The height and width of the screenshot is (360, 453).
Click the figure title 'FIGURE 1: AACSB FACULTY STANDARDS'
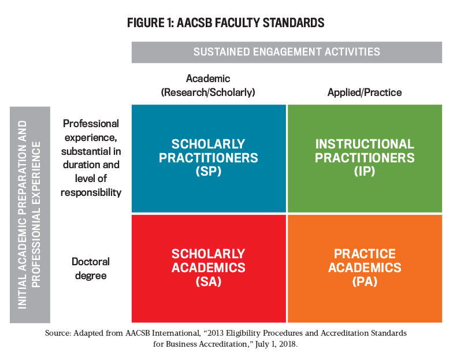(225, 23)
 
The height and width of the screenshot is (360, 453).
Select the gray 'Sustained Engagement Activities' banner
(287, 52)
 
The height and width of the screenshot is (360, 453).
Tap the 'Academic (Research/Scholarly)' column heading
(208, 86)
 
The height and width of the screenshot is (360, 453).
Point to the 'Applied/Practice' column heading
(365, 92)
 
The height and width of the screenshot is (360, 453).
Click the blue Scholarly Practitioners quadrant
(209, 158)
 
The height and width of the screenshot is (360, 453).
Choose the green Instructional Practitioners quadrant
(365, 158)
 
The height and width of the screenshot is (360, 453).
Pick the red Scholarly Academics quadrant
(209, 268)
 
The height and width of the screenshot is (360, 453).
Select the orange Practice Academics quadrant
(365, 268)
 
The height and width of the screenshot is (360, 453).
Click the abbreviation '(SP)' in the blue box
(208, 171)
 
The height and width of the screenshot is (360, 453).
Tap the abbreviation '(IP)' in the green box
(365, 171)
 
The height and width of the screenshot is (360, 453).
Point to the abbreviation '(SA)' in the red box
(208, 281)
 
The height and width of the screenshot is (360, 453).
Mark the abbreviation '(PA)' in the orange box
(365, 281)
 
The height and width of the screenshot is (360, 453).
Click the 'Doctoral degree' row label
(91, 268)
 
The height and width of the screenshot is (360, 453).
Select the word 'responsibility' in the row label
(91, 192)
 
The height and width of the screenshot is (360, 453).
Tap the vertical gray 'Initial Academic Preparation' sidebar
(30, 215)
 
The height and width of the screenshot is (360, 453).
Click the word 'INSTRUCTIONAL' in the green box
(365, 144)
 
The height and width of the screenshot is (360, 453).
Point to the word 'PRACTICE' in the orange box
(365, 254)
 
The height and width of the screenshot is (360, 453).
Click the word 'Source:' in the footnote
(58, 333)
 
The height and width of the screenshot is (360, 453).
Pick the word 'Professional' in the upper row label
(91, 124)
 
